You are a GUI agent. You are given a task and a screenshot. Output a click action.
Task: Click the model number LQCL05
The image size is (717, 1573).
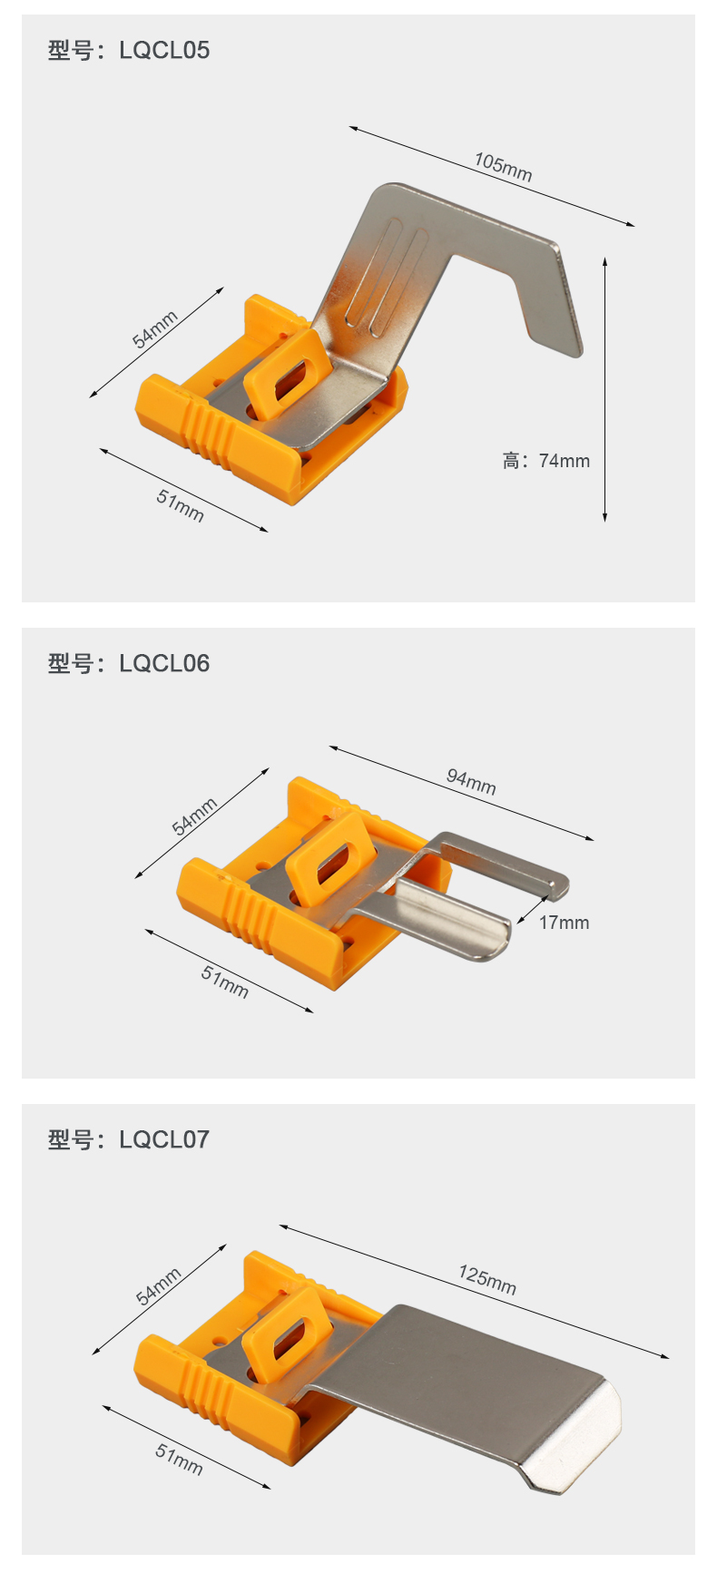pyautogui.click(x=164, y=50)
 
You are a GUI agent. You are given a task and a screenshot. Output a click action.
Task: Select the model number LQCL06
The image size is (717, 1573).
pyautogui.click(x=164, y=663)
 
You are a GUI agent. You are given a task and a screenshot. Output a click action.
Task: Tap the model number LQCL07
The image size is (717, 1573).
pyautogui.click(x=164, y=1139)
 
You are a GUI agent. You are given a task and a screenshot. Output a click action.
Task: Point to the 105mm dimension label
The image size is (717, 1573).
pyautogui.click(x=503, y=167)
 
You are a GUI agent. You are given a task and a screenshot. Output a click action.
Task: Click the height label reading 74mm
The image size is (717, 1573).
pyautogui.click(x=564, y=461)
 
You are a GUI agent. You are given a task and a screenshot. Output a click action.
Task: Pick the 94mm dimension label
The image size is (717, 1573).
pyautogui.click(x=471, y=781)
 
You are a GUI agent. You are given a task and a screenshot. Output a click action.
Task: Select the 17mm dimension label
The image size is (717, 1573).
pyautogui.click(x=564, y=923)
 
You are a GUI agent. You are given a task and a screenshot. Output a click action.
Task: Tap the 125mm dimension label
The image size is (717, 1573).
pyautogui.click(x=487, y=1280)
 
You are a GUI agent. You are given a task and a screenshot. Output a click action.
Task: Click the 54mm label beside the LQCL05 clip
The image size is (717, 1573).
pyautogui.click(x=155, y=328)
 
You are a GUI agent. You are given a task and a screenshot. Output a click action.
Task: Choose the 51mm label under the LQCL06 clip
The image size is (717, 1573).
pyautogui.click(x=224, y=981)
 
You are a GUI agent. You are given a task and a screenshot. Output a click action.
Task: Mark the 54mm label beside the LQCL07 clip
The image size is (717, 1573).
pyautogui.click(x=159, y=1285)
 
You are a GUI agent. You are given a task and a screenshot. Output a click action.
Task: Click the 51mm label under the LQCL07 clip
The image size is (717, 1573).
pyautogui.click(x=179, y=1459)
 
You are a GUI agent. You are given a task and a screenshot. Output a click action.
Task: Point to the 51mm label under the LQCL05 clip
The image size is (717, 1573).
pyautogui.click(x=180, y=504)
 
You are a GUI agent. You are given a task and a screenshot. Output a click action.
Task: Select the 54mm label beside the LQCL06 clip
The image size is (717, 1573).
pyautogui.click(x=195, y=816)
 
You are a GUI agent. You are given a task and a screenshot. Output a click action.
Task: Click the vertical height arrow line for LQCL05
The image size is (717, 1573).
pyautogui.click(x=604, y=389)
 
